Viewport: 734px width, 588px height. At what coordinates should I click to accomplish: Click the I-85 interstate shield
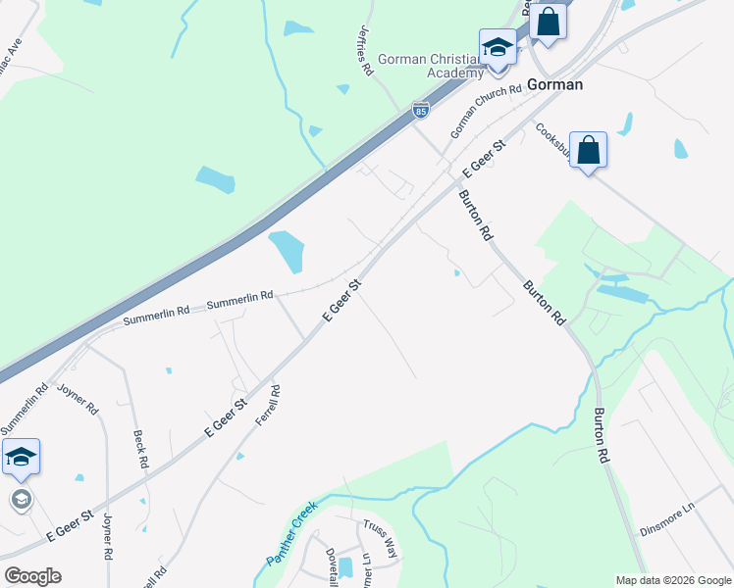421,111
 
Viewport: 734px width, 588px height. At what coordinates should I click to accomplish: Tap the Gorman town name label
554,84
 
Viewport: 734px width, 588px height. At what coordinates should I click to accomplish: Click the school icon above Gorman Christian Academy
498,46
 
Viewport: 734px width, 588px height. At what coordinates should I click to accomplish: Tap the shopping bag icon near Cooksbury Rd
588,150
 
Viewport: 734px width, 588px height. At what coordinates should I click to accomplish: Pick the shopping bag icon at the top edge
549,21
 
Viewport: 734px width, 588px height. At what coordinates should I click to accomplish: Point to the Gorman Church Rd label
485,113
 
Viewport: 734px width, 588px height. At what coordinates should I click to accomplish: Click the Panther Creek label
292,534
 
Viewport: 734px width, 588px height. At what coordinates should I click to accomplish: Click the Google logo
32,575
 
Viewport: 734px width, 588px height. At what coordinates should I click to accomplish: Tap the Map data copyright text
673,580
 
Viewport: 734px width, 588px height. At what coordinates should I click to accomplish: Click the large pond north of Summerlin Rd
286,251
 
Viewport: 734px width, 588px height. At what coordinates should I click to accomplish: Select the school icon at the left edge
21,457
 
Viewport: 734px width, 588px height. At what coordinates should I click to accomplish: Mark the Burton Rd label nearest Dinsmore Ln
602,436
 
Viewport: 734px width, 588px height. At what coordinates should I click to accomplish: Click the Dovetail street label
331,565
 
